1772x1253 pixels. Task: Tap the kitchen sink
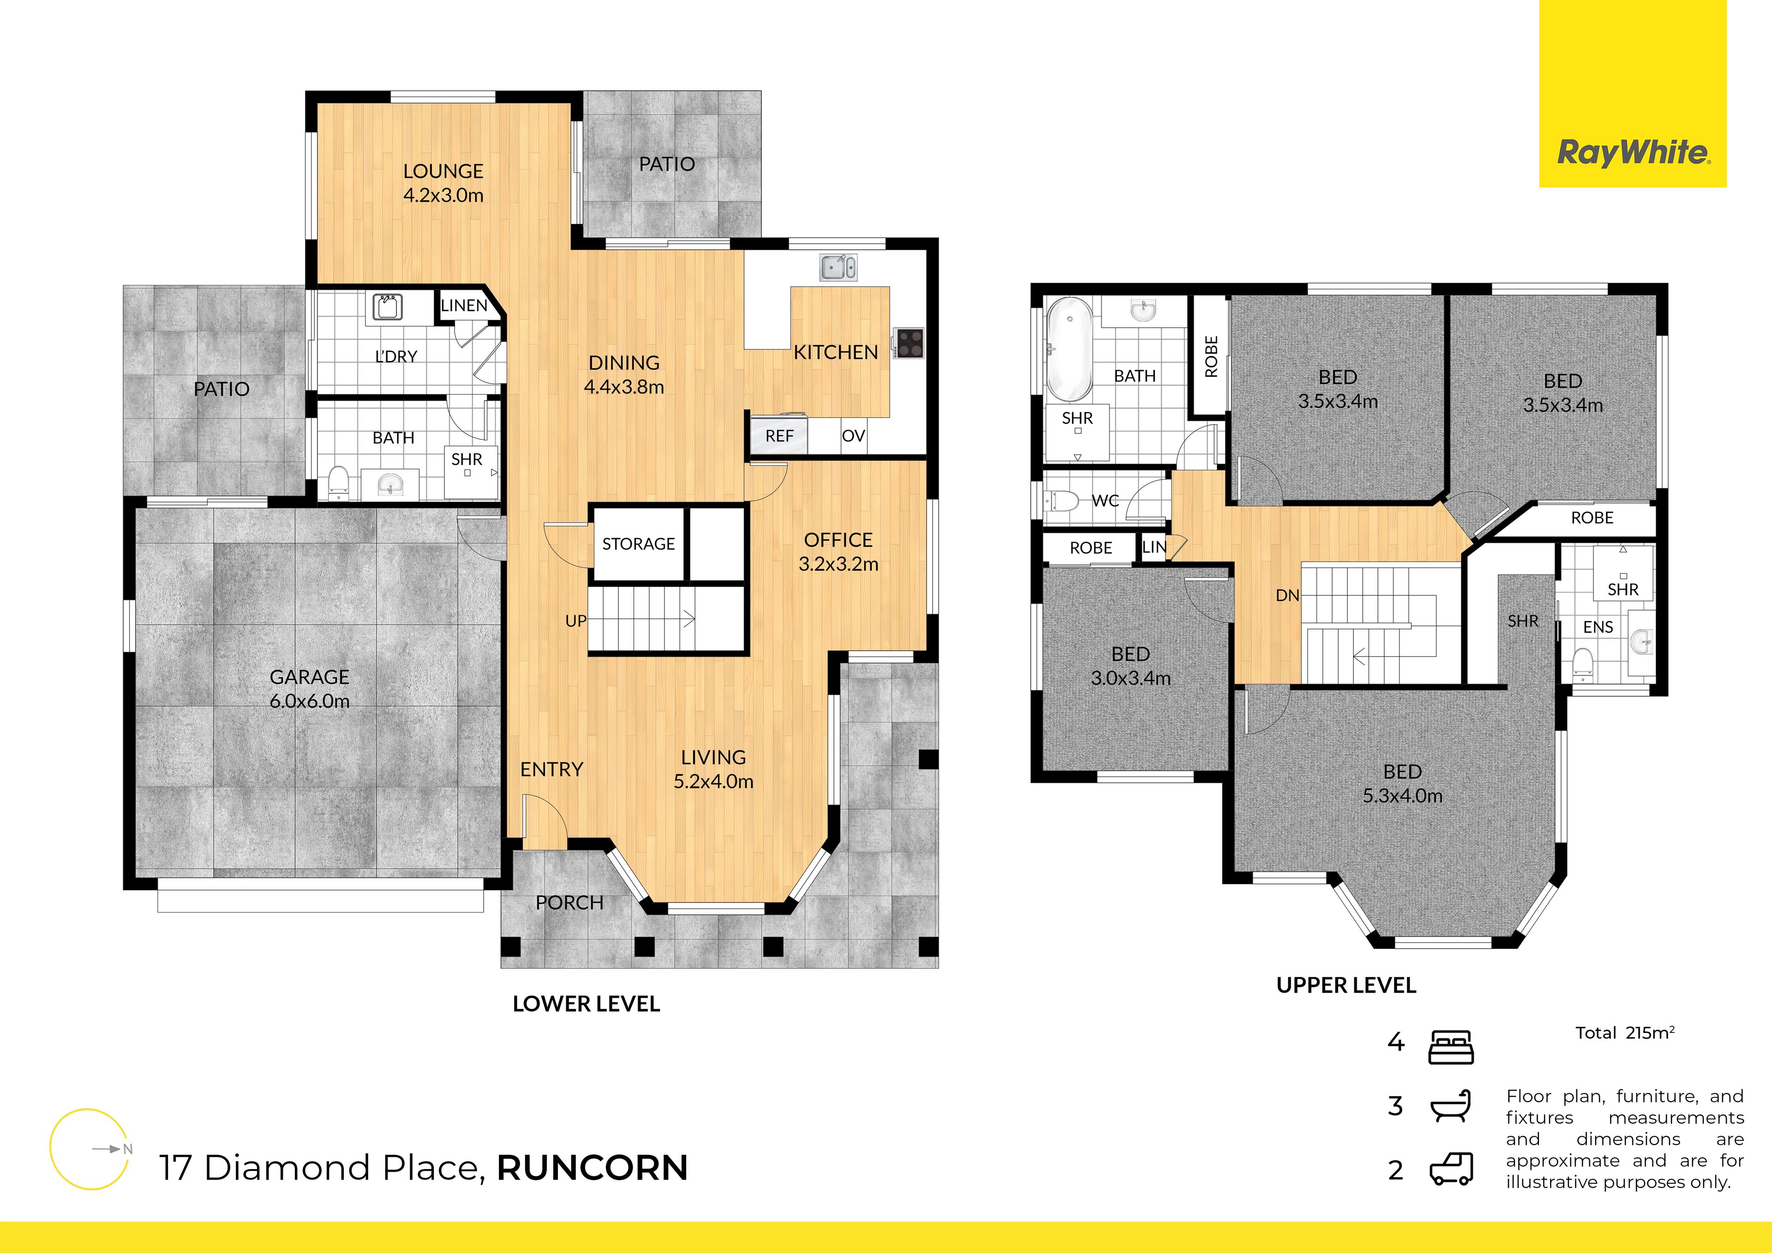pyautogui.click(x=838, y=268)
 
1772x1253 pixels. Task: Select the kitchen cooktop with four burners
pyautogui.click(x=909, y=343)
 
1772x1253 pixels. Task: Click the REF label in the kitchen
pyautogui.click(x=779, y=436)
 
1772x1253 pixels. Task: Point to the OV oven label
pyautogui.click(x=853, y=436)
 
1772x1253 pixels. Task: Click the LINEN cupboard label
pyautogui.click(x=464, y=306)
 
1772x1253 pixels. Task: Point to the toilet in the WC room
pyautogui.click(x=1062, y=501)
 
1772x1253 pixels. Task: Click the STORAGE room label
pyautogui.click(x=638, y=544)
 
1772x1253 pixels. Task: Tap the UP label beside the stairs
pyautogui.click(x=576, y=621)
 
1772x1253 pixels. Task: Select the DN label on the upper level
pyautogui.click(x=1287, y=595)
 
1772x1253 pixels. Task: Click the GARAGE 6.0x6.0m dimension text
pyautogui.click(x=310, y=701)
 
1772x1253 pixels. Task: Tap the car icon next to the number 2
pyautogui.click(x=1451, y=1169)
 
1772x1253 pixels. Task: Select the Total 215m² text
pyautogui.click(x=1625, y=1033)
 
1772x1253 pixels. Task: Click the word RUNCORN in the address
pyautogui.click(x=592, y=1168)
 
